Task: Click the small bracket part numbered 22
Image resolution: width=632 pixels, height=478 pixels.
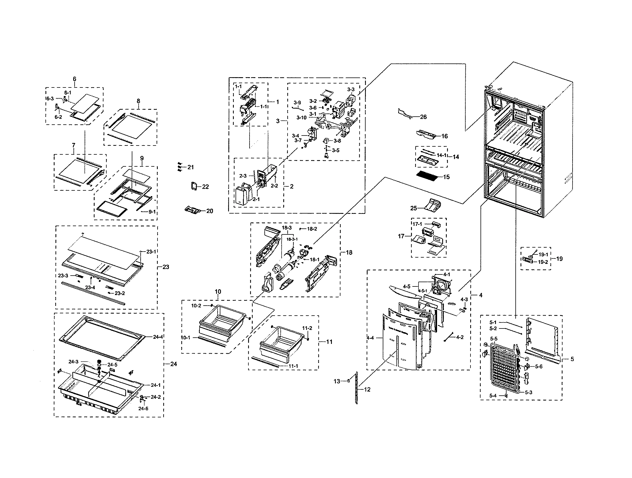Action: tap(194, 186)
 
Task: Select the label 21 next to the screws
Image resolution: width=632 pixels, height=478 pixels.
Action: tap(190, 167)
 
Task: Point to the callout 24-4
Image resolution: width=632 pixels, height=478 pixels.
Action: tap(158, 337)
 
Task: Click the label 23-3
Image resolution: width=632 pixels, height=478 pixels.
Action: tap(63, 276)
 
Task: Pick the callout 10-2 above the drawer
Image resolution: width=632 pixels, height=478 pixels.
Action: tap(196, 306)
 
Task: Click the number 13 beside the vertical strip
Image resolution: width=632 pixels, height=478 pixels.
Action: tap(337, 381)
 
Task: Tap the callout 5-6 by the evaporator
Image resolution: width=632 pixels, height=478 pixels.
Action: tap(539, 367)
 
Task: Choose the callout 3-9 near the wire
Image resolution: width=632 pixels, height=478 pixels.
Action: tap(297, 102)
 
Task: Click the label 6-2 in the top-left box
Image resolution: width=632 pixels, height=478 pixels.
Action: tap(58, 117)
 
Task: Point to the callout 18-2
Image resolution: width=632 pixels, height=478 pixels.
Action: tap(312, 229)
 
